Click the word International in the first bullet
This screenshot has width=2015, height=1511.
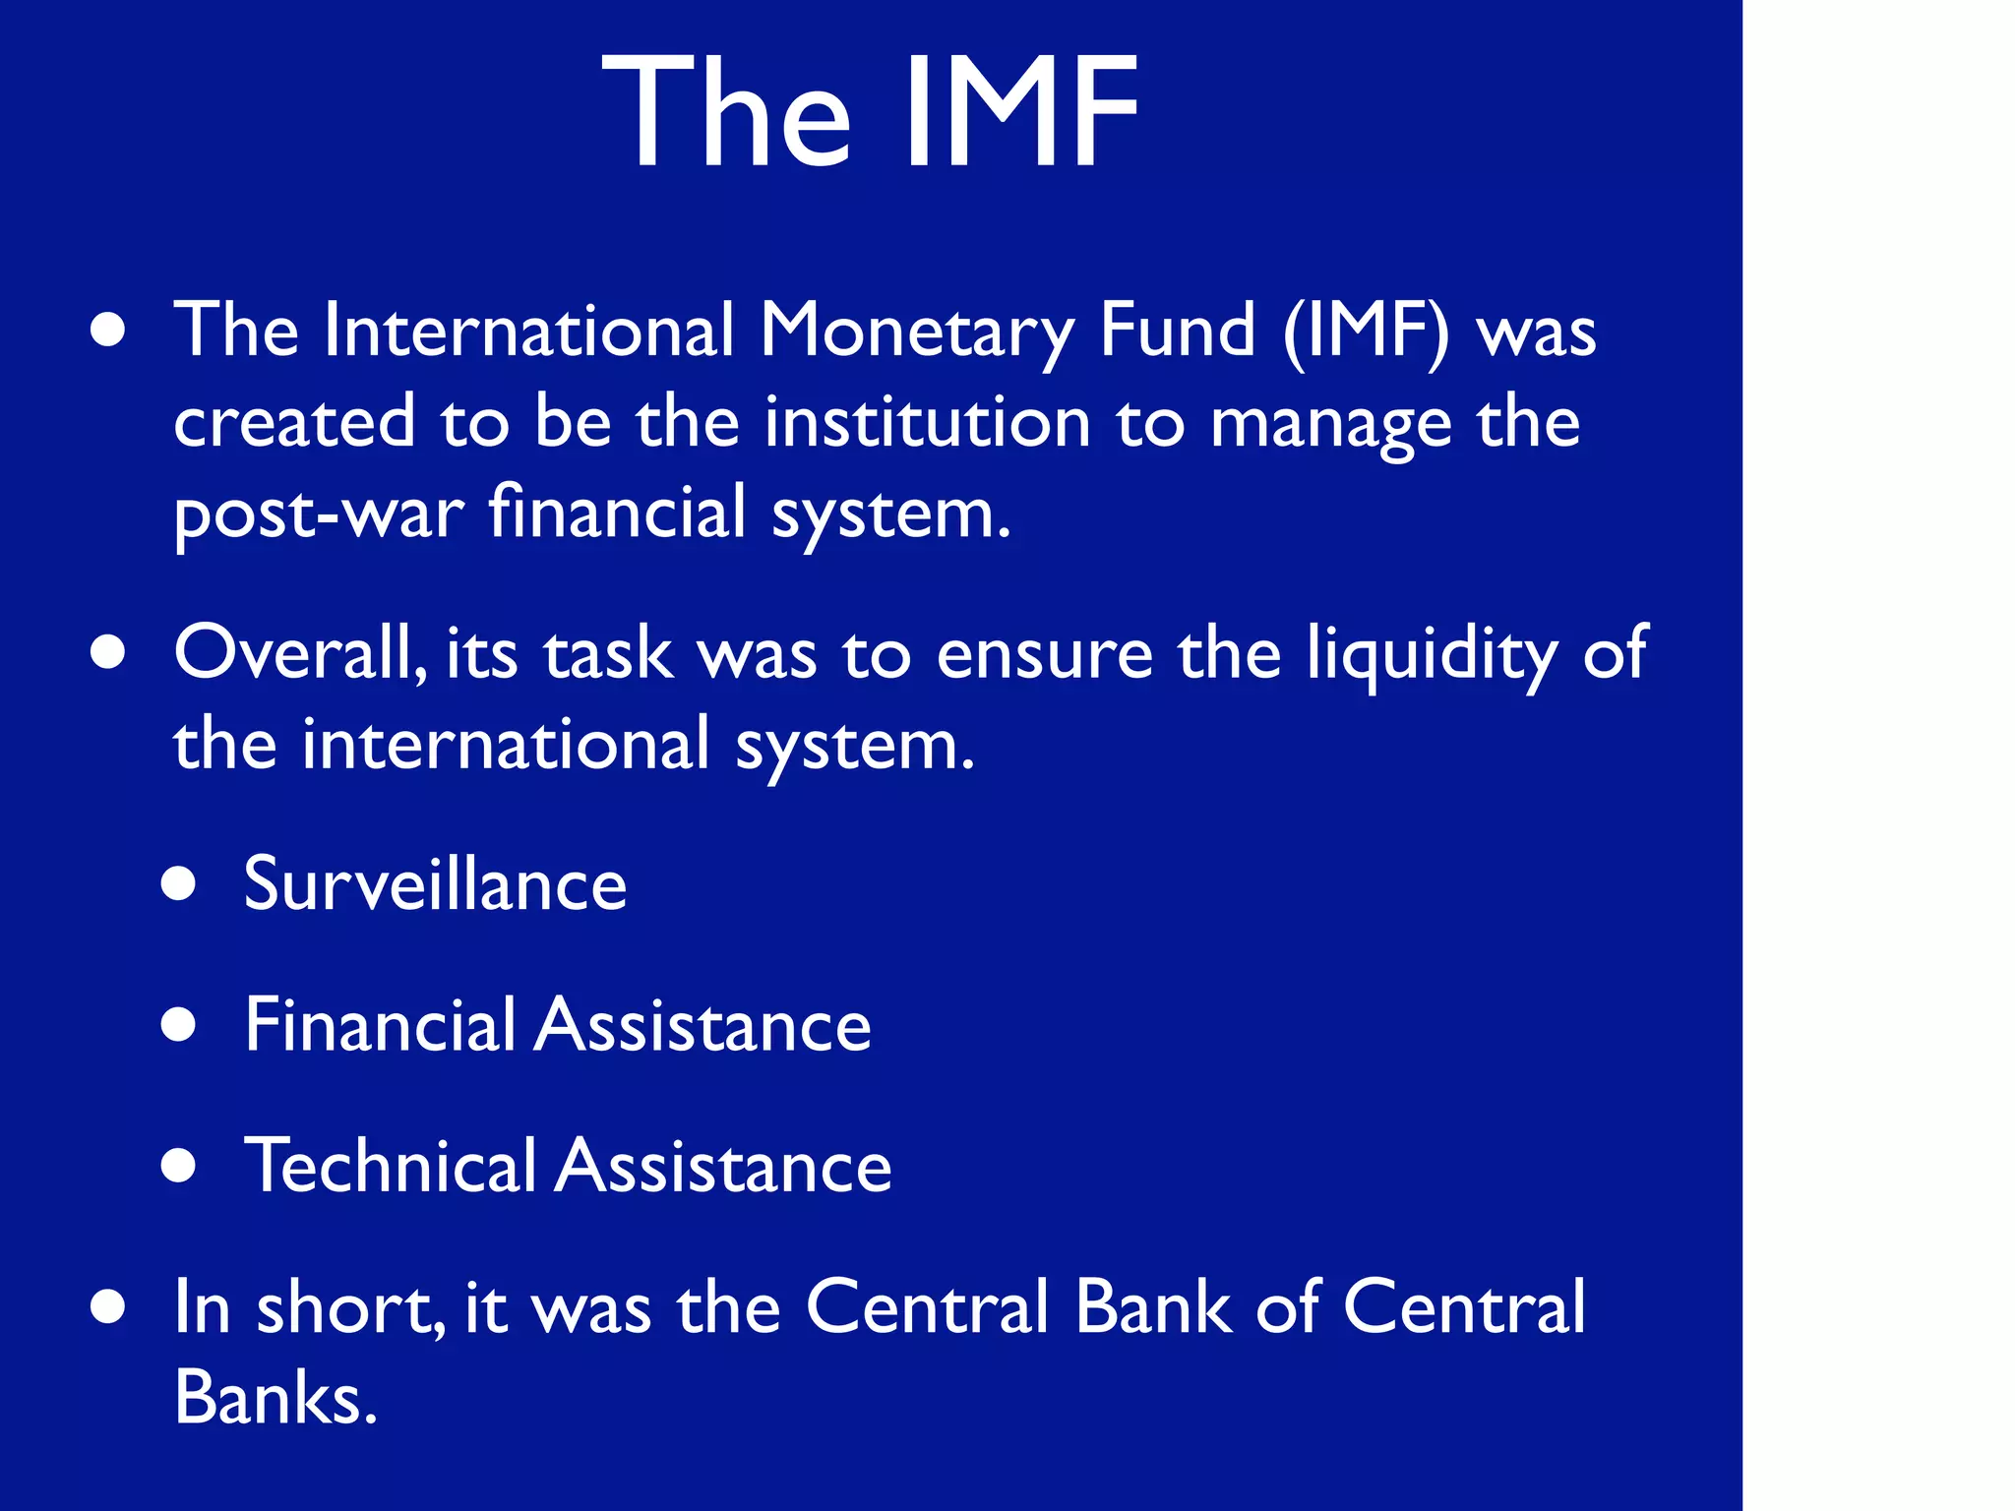click(x=529, y=330)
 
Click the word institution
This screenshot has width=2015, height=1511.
click(x=928, y=422)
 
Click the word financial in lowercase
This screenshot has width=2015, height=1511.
click(x=618, y=512)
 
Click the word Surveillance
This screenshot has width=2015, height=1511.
click(x=435, y=883)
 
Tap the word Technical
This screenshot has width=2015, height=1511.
click(x=390, y=1166)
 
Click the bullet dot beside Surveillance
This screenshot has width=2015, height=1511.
click(x=179, y=883)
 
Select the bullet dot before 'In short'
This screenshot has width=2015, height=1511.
click(x=108, y=1307)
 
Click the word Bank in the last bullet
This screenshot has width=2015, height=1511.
click(x=1153, y=1307)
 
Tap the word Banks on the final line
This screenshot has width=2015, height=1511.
click(x=275, y=1397)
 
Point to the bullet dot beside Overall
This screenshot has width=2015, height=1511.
click(x=108, y=651)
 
